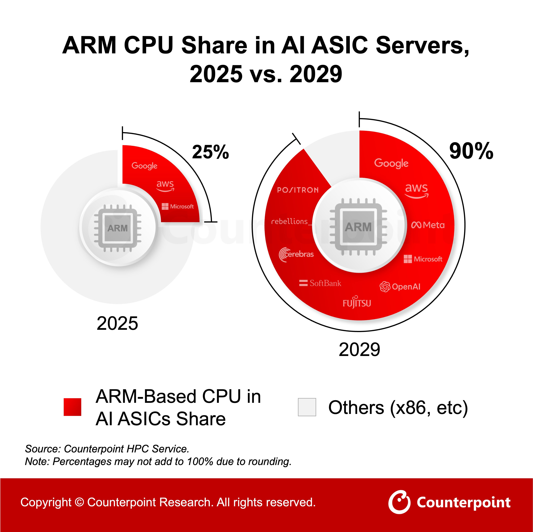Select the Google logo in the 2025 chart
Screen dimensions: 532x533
144,166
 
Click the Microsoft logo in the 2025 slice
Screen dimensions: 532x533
178,206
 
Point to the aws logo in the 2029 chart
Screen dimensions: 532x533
416,190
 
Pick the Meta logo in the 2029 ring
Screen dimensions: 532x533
428,225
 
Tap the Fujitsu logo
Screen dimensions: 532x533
357,303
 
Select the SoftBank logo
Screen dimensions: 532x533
320,283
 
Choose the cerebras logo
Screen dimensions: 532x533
296,254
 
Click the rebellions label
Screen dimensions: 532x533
290,221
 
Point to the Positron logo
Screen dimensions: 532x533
298,190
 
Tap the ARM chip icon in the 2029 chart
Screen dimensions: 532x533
358,227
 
